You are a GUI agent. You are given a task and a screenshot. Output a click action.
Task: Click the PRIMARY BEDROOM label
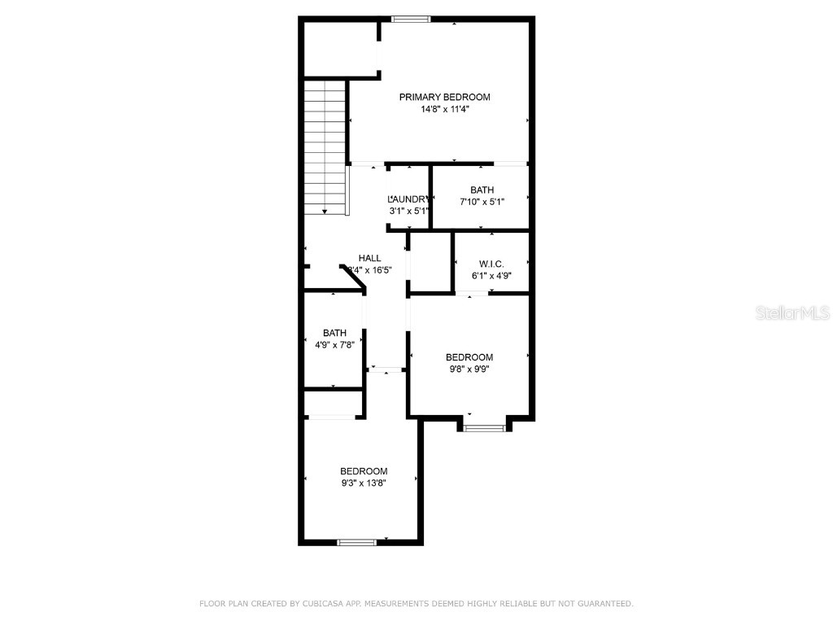[444, 97]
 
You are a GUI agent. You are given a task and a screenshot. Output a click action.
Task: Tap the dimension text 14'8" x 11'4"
[444, 109]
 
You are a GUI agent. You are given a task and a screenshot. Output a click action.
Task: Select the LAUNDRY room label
[408, 199]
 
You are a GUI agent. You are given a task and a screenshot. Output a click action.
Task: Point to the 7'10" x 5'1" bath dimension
[482, 203]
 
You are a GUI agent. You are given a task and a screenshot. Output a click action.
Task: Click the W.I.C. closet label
[491, 264]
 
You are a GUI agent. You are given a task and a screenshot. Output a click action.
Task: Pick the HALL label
[369, 258]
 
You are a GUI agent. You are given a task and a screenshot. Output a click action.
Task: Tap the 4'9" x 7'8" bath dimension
[334, 344]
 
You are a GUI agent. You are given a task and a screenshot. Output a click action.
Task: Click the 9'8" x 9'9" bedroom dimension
[469, 369]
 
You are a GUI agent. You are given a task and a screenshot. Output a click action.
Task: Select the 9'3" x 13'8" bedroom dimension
[364, 483]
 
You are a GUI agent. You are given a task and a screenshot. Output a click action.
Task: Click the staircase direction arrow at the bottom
[325, 211]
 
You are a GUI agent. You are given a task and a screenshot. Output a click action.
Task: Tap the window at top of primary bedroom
[410, 19]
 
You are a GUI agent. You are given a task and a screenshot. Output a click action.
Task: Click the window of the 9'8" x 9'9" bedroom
[484, 426]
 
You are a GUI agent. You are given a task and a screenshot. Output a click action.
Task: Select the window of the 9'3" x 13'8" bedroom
[357, 541]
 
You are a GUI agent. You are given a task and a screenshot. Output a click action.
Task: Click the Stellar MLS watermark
[792, 313]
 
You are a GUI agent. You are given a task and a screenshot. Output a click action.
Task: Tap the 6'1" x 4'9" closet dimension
[491, 276]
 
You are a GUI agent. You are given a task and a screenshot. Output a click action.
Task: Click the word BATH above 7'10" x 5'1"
[482, 190]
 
